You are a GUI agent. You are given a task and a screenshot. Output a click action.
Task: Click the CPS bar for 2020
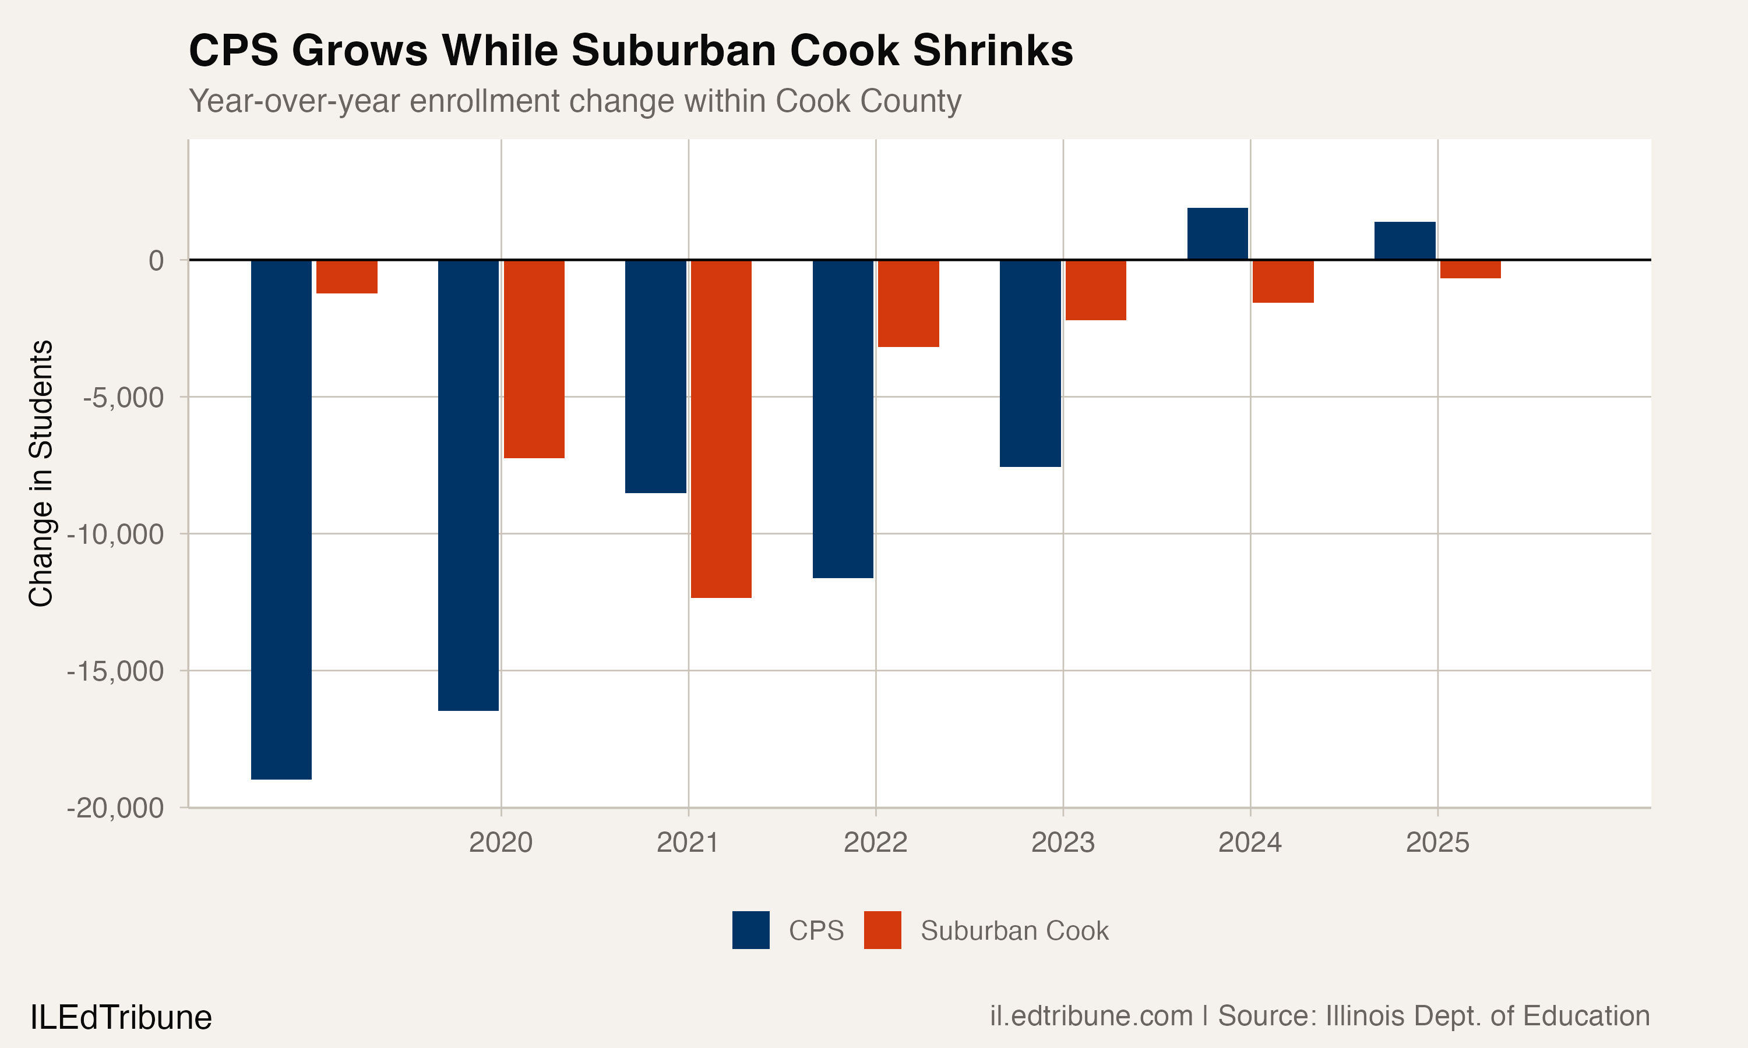coord(468,484)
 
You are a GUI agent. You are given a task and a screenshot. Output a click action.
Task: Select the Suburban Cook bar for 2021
coord(721,429)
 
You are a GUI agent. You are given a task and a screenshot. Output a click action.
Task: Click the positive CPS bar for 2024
coord(1217,233)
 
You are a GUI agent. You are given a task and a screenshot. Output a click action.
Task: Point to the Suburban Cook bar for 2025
coord(1469,269)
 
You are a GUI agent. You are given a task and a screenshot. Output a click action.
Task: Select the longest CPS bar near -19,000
coord(281,519)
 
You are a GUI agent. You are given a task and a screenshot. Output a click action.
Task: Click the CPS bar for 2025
coord(1405,241)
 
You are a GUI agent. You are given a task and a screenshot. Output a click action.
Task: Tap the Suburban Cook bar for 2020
coord(534,359)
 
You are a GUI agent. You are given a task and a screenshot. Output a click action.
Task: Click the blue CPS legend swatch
coord(750,930)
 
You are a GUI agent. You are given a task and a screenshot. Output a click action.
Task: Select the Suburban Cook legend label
coord(1014,931)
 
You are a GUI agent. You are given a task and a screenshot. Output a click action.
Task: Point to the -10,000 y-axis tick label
coord(115,534)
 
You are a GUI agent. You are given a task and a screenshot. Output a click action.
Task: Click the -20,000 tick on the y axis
coord(115,807)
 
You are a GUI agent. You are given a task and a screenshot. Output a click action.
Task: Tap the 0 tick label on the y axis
coord(156,261)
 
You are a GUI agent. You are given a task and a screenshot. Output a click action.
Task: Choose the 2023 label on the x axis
coord(1063,842)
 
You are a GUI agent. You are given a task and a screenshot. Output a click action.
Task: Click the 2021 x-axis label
coord(688,842)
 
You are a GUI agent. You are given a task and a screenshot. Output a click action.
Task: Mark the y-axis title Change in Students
coord(41,473)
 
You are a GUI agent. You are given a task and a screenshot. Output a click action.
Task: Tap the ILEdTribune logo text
coord(121,1018)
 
